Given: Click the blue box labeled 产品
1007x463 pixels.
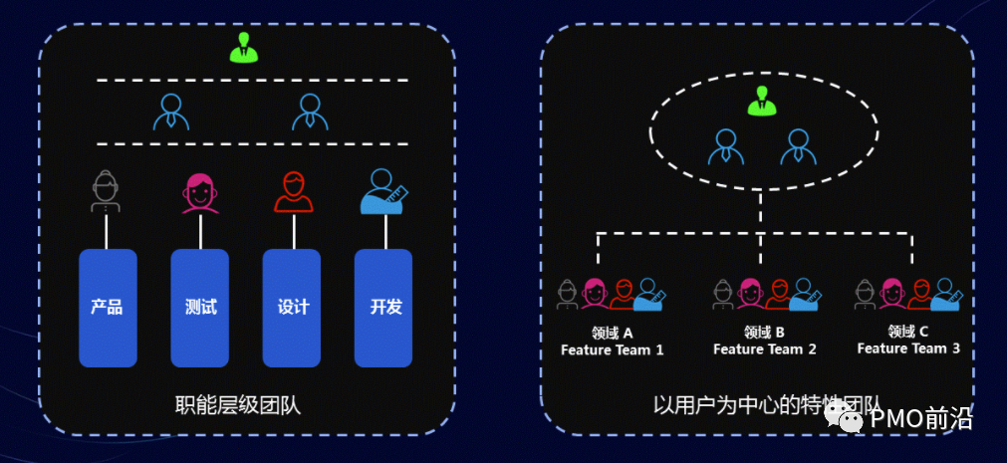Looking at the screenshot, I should (108, 307).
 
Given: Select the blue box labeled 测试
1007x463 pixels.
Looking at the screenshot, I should (200, 307).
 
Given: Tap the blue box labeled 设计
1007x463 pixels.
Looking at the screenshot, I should (292, 307).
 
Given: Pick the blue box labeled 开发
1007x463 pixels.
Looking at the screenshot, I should (384, 307).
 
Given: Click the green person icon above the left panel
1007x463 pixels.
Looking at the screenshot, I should (243, 48).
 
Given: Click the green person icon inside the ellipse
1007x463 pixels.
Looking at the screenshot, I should (763, 101).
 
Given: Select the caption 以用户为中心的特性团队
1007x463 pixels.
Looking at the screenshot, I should (767, 405).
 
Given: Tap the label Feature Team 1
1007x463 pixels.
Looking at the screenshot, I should (612, 349).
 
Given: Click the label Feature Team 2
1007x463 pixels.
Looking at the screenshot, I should (765, 349).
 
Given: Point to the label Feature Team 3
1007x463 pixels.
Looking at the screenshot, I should (908, 348).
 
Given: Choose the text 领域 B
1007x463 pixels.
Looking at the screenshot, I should (765, 333).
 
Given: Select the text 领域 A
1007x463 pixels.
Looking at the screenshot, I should (612, 333).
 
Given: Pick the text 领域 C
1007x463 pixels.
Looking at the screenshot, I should (908, 332).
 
